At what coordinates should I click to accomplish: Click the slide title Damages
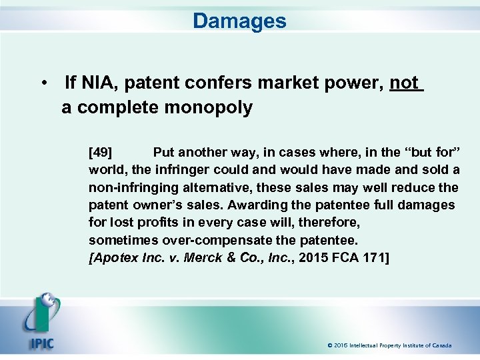(239, 21)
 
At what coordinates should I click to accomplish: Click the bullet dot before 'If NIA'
(43, 84)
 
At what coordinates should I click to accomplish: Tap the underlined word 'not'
(404, 83)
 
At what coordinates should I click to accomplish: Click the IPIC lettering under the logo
(41, 344)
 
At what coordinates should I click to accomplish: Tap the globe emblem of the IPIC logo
(48, 304)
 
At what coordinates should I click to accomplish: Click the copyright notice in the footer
(389, 345)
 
